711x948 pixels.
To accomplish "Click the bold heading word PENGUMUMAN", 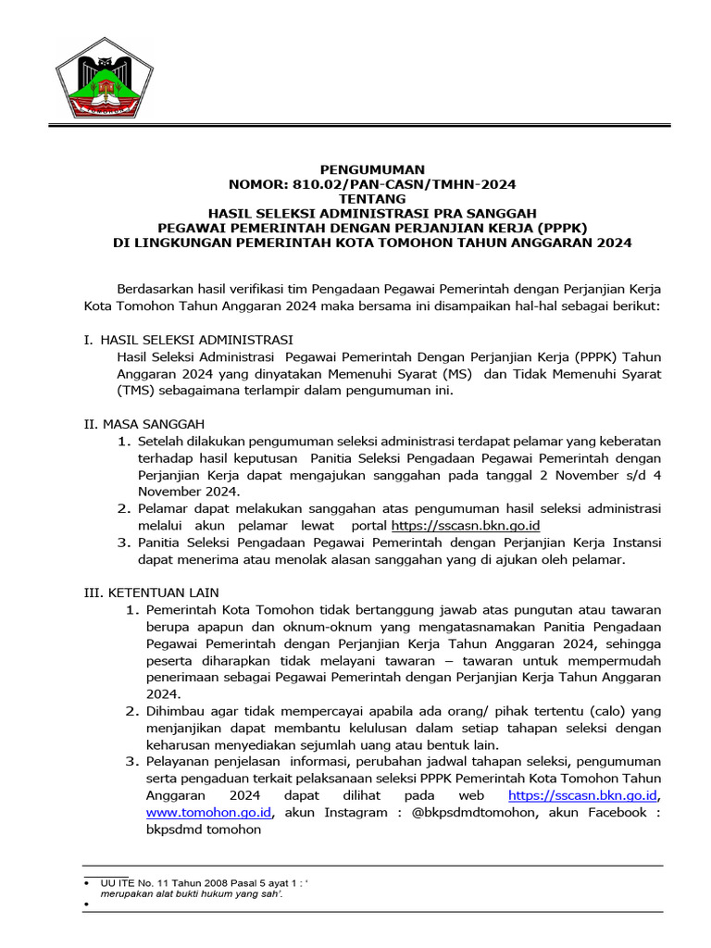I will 372,169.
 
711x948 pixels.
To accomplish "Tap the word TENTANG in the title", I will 372,199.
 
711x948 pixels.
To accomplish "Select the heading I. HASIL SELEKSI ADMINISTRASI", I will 189,340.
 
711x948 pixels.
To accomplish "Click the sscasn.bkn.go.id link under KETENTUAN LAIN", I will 583,795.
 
